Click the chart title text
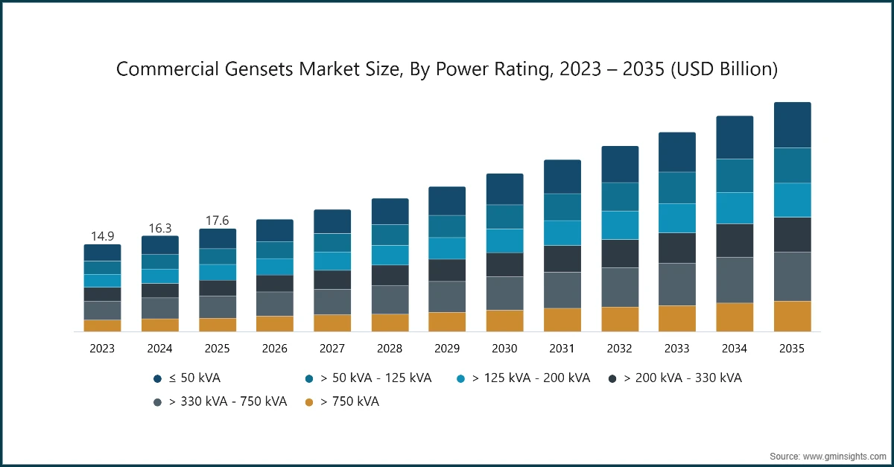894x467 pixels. (x=447, y=69)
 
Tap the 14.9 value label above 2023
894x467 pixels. (x=102, y=236)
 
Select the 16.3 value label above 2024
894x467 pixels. (x=159, y=228)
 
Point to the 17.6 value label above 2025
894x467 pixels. (x=218, y=220)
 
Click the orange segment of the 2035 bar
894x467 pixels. (x=792, y=316)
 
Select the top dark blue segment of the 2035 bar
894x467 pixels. (x=792, y=125)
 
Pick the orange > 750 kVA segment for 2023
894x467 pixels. (x=102, y=325)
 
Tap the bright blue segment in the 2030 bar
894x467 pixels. (x=504, y=241)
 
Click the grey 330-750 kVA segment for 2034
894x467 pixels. (x=735, y=279)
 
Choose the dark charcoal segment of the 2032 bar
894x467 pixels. (x=620, y=253)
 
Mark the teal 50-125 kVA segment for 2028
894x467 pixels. (x=390, y=235)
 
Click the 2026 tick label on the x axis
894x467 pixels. (x=275, y=348)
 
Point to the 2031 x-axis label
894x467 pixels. (x=562, y=348)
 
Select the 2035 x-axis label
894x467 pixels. (x=792, y=348)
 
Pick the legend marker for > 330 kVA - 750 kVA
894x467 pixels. (x=158, y=402)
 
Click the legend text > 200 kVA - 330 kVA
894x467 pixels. (x=682, y=378)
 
